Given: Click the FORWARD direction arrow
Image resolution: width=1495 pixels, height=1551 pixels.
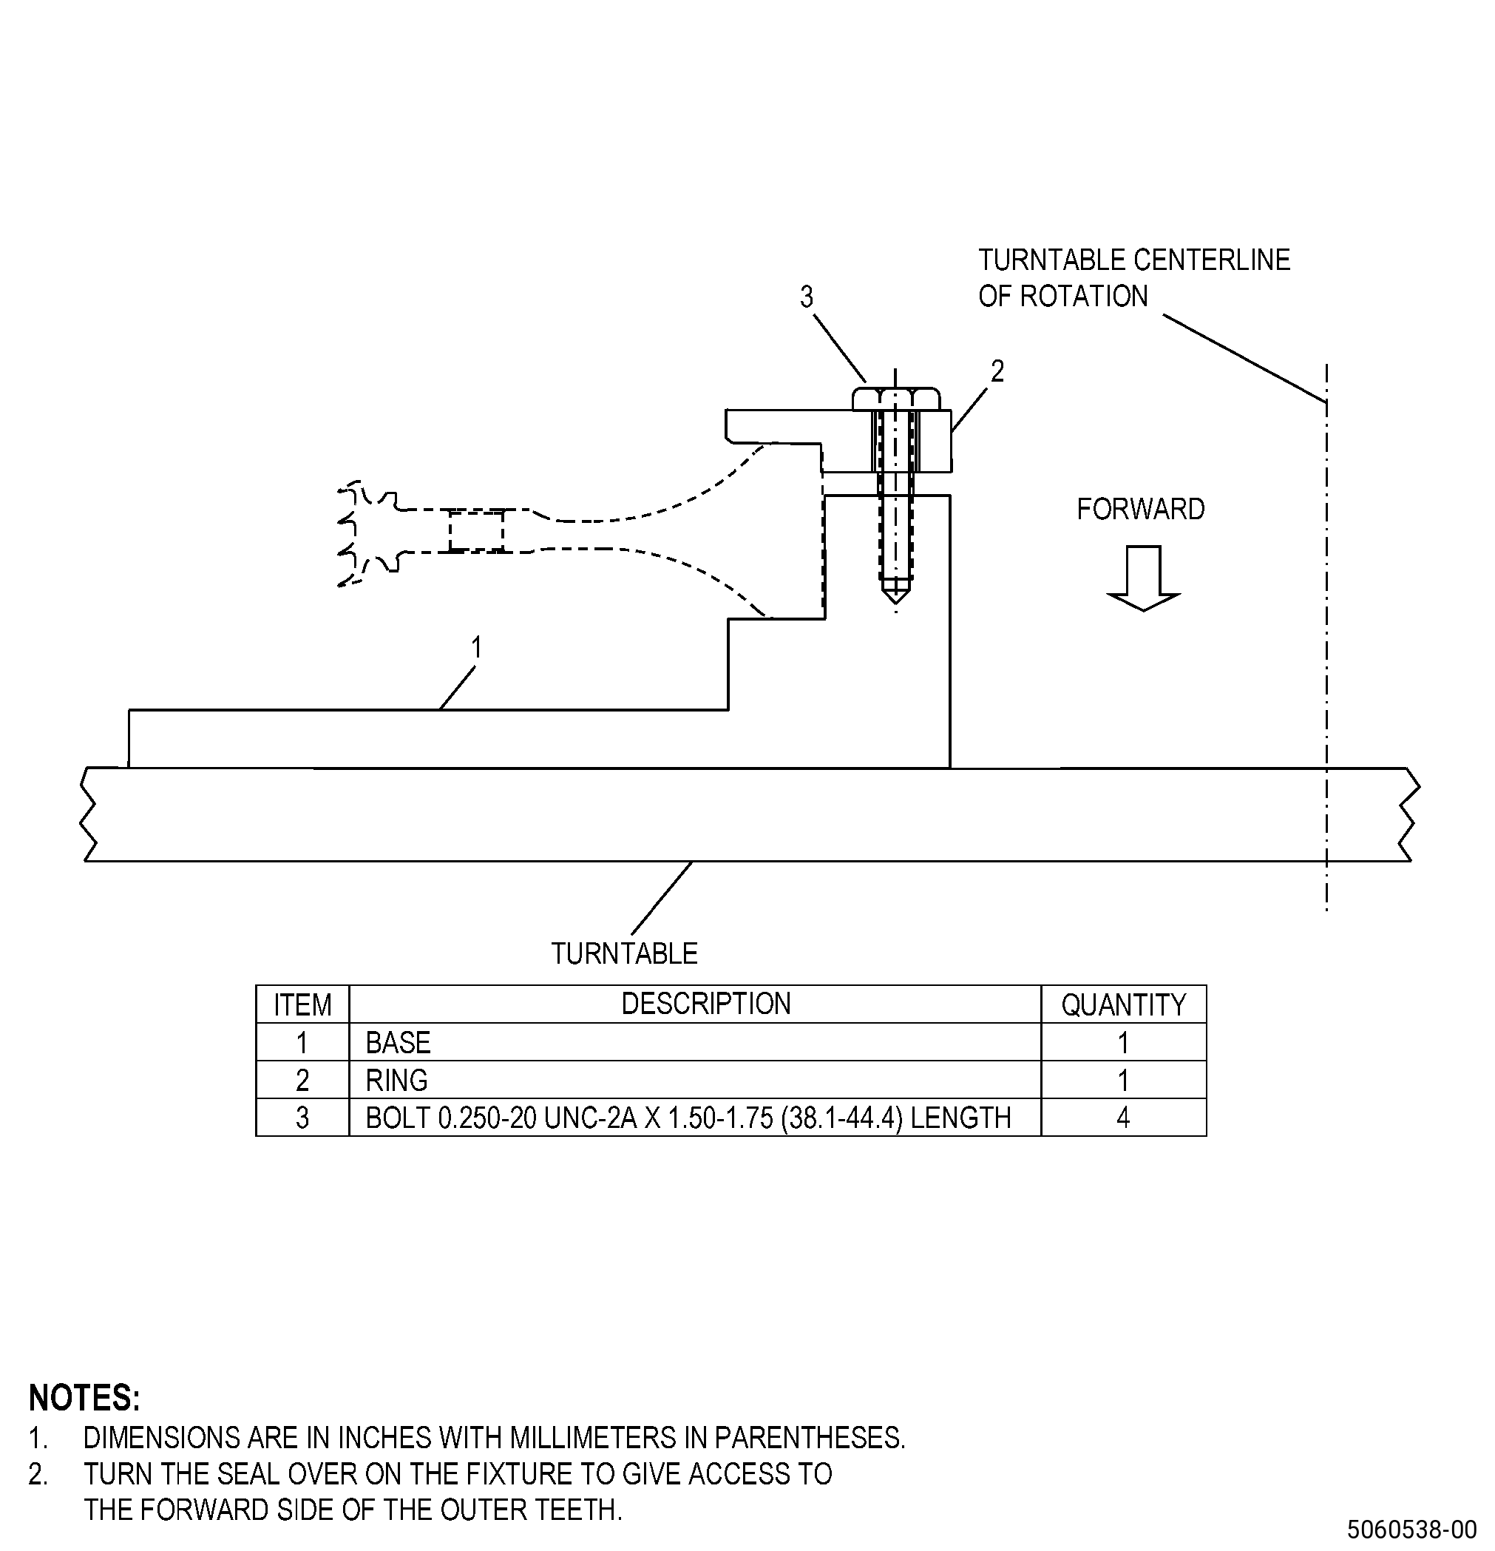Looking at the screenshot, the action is coord(1142,578).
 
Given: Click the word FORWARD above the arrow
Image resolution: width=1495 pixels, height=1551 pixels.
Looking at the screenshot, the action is coord(1141,509).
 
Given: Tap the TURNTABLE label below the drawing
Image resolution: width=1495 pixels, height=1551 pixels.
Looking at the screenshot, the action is coord(624,953).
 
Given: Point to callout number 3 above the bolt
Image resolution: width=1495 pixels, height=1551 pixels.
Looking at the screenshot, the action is coord(806,297).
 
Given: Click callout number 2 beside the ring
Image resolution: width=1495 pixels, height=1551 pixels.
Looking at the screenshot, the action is coord(997,371).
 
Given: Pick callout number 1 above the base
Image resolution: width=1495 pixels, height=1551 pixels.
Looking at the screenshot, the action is coord(476,647).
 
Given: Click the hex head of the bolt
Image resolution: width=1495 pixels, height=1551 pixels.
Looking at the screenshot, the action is coord(895,399).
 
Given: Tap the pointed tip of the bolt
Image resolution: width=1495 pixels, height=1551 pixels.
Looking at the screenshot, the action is coord(895,603).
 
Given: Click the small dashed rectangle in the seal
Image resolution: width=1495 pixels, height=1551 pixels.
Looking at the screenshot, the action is coord(475,531).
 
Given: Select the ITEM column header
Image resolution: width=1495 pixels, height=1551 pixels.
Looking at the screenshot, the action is coord(302,1005).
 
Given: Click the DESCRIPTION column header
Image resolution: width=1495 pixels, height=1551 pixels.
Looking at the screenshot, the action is coord(705,1004).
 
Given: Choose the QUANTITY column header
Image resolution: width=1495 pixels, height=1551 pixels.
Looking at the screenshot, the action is coord(1123,1005).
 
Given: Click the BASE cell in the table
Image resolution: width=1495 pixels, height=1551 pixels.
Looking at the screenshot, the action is coord(398,1042).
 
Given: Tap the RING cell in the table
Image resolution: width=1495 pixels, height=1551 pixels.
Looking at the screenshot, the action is coord(396,1080).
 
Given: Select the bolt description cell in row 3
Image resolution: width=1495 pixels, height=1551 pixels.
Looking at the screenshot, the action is coord(688,1118).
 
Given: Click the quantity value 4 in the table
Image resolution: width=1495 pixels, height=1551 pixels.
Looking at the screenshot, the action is coord(1123,1118).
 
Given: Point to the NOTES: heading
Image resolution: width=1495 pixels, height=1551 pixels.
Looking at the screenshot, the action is coord(84,1399).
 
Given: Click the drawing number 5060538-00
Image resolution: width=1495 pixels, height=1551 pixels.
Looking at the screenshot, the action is coord(1412,1528).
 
